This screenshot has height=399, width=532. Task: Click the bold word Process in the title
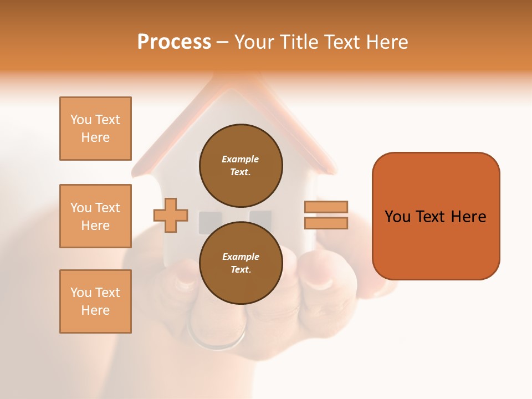174,42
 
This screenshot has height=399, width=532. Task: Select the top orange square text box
95,129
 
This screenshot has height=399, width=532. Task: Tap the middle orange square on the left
95,216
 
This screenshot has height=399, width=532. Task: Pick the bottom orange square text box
95,301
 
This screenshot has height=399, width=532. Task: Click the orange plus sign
171,215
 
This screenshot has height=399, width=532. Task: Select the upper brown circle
241,165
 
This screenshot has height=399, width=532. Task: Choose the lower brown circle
241,263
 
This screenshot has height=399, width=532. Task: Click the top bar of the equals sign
326,207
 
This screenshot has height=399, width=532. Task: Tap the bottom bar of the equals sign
326,223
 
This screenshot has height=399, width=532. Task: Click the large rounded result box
436,216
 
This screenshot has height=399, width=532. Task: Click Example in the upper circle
240,159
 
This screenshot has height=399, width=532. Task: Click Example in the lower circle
241,257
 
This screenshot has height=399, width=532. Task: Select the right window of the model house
260,219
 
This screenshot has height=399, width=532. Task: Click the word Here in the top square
95,137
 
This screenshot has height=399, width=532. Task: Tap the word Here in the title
386,42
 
